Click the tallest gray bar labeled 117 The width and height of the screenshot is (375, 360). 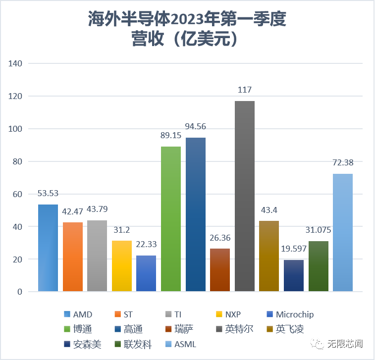[x=245, y=196]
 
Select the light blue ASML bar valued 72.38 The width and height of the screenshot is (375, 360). [x=343, y=232]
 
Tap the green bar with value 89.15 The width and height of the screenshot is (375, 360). [x=171, y=218]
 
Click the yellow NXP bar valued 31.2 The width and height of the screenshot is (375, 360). [x=122, y=265]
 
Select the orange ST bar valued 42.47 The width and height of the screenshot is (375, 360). [x=73, y=257]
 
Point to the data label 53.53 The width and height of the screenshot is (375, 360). [x=48, y=194]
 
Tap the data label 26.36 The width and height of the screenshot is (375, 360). [x=220, y=238]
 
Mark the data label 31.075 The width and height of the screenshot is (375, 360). [x=319, y=230]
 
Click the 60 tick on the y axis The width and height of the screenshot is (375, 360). [x=18, y=194]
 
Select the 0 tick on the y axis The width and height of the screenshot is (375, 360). [x=20, y=292]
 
